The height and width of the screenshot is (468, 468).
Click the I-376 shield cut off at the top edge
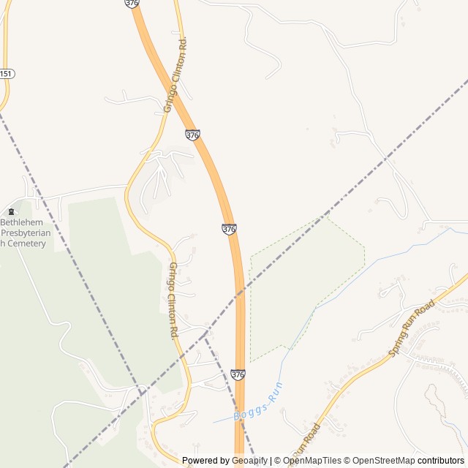[132, 3]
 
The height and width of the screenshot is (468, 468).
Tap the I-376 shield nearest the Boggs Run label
[238, 374]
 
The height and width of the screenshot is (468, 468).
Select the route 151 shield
[6, 74]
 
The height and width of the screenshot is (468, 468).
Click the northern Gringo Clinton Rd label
[175, 75]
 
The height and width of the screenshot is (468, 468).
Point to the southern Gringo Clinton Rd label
[174, 300]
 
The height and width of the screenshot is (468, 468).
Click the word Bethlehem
[22, 221]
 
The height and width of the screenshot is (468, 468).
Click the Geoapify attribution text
[251, 461]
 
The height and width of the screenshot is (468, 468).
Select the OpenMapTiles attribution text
[312, 461]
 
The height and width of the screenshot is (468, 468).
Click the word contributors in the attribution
[441, 461]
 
